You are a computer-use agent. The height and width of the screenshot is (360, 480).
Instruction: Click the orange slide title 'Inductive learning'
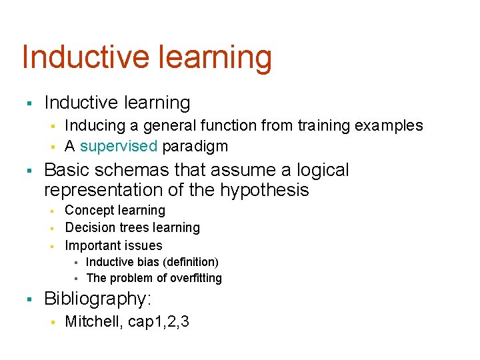point(147,58)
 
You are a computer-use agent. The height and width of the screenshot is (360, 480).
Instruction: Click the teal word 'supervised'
point(118,146)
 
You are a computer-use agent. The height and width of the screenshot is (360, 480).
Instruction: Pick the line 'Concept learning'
point(115,211)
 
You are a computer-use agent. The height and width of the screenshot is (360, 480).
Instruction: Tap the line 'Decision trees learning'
point(132,228)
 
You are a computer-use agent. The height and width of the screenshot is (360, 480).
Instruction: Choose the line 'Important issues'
point(113,245)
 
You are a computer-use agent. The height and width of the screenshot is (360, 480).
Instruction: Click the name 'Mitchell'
point(90,322)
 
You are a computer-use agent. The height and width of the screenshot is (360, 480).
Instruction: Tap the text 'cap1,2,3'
point(157,322)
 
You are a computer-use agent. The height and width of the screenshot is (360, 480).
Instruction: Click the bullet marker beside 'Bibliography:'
point(29,299)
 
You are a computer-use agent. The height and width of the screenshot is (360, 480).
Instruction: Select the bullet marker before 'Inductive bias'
point(75,263)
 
